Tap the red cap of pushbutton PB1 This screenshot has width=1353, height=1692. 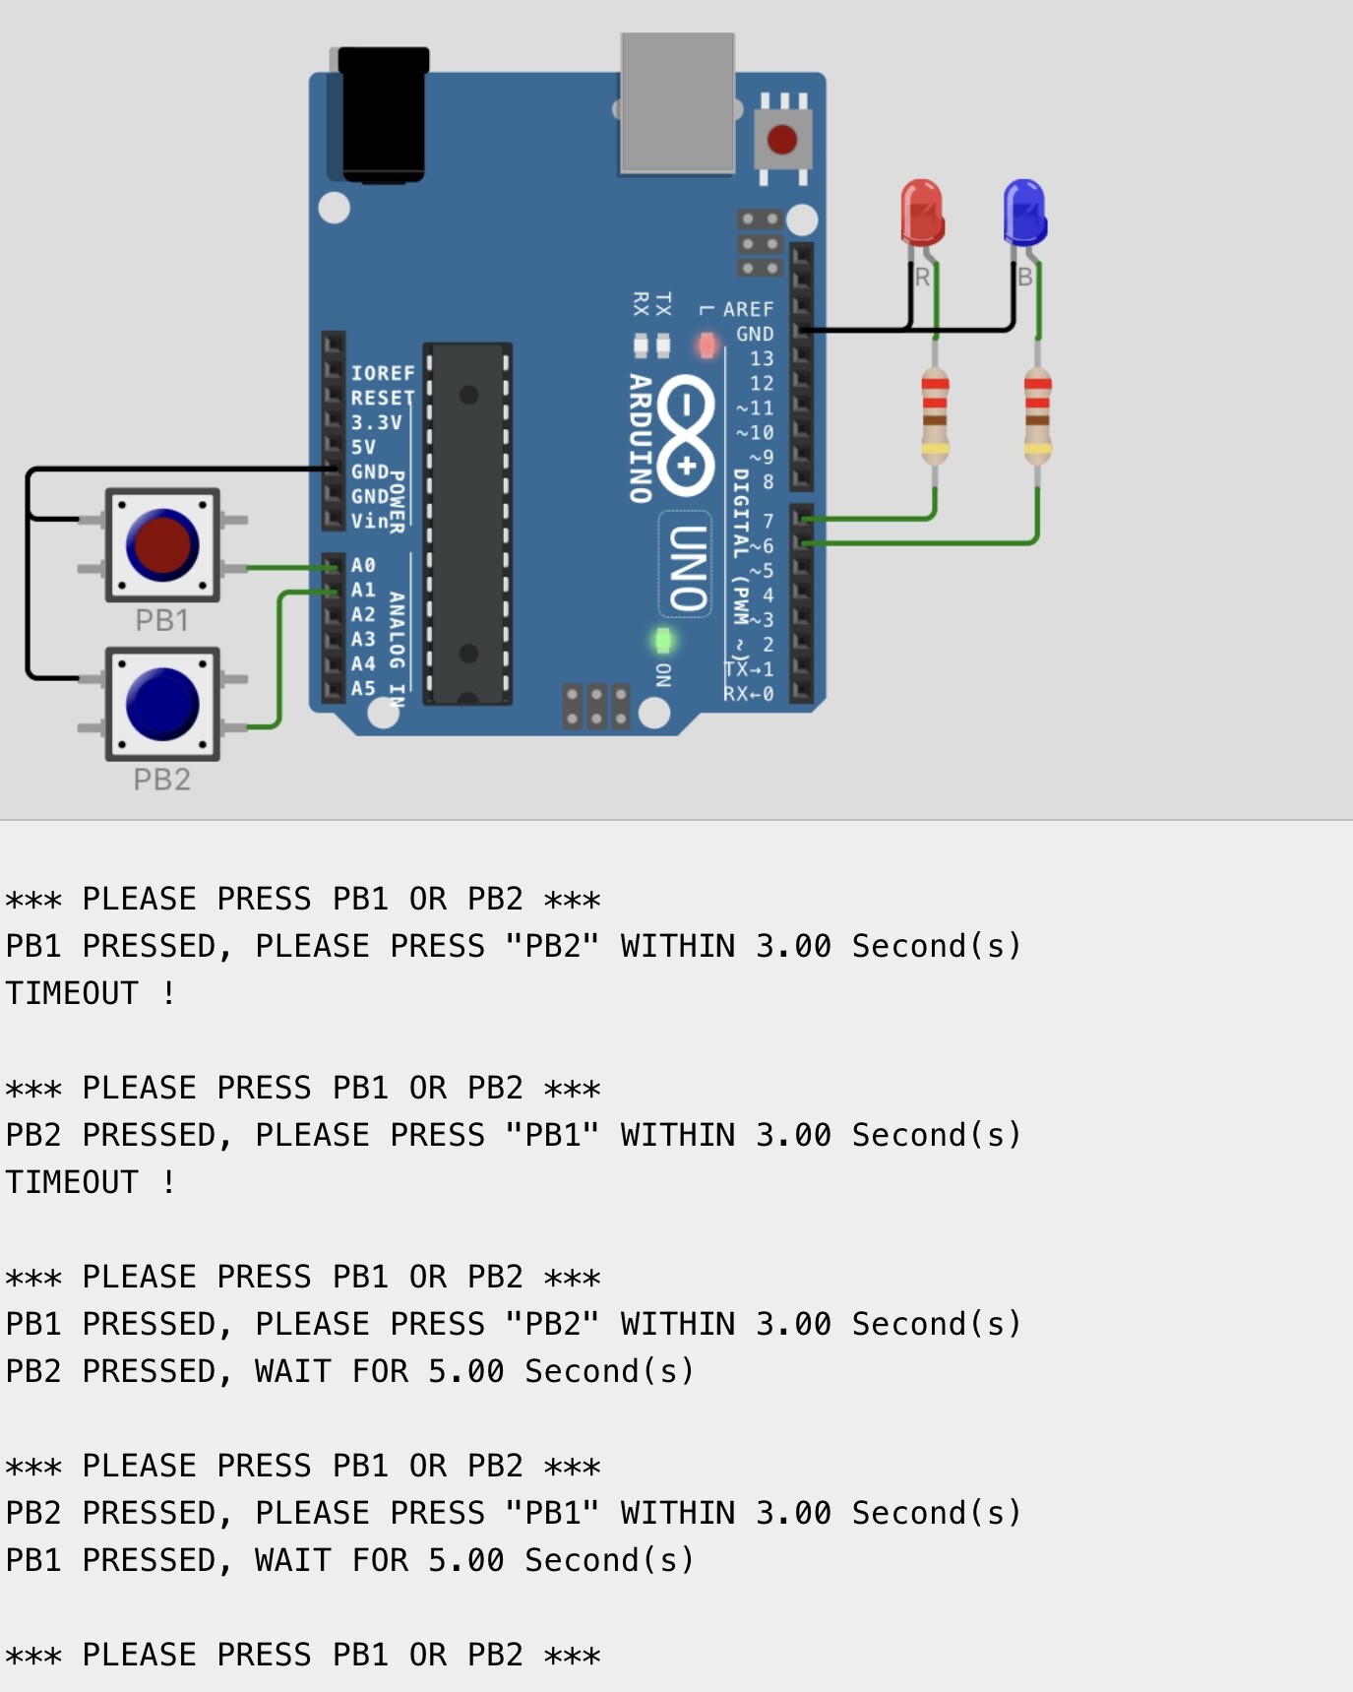click(x=162, y=544)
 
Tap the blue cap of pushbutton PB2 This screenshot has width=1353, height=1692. click(x=162, y=704)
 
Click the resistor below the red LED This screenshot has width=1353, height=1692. click(x=935, y=414)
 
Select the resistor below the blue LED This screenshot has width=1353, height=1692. click(x=1037, y=414)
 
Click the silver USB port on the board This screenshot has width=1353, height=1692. click(x=677, y=103)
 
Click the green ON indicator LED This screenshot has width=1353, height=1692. click(x=663, y=642)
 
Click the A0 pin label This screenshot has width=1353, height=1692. click(x=363, y=566)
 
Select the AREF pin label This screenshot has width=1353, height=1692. click(x=748, y=309)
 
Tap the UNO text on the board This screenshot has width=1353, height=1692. click(x=688, y=568)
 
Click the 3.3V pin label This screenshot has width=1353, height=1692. click(x=376, y=422)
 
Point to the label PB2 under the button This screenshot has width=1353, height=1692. click(x=161, y=780)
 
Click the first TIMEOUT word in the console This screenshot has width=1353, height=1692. click(x=72, y=993)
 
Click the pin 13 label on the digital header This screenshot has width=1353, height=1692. click(x=762, y=359)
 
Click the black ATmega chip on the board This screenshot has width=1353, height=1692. click(x=467, y=524)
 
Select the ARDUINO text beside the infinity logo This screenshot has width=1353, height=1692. click(x=641, y=438)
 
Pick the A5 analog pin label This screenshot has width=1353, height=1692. click(x=363, y=688)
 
